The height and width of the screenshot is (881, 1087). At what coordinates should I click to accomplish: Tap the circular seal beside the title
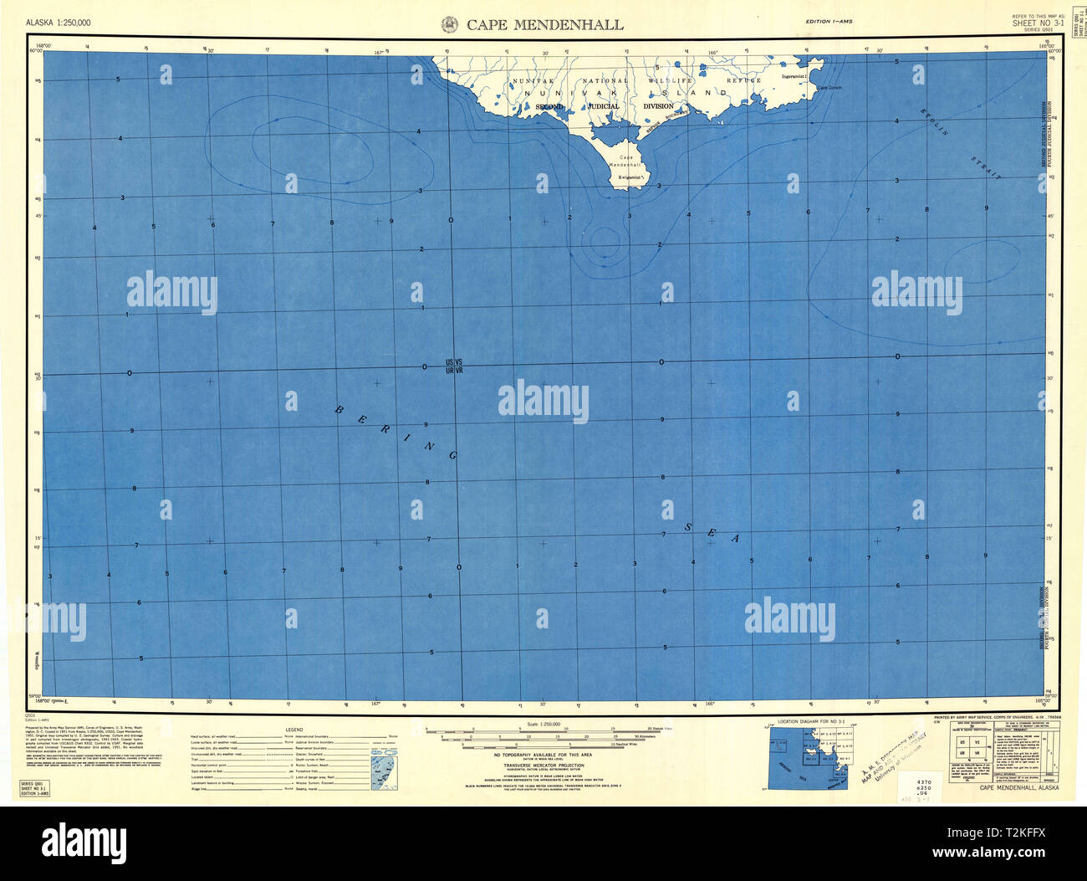click(448, 24)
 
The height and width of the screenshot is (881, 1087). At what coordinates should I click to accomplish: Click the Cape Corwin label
click(829, 87)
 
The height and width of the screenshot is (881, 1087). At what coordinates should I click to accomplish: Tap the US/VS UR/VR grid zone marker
click(454, 366)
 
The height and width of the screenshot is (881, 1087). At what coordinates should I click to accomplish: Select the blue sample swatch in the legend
click(385, 768)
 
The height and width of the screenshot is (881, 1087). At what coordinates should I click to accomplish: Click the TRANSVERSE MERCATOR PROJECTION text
click(543, 766)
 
